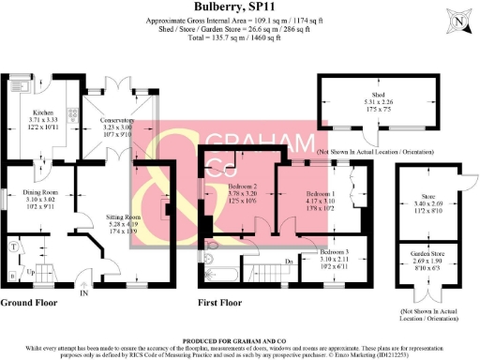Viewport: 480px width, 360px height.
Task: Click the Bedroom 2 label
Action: [243, 188]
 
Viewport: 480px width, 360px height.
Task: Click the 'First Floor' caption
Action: [221, 303]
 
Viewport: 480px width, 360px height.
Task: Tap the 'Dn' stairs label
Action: [291, 259]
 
